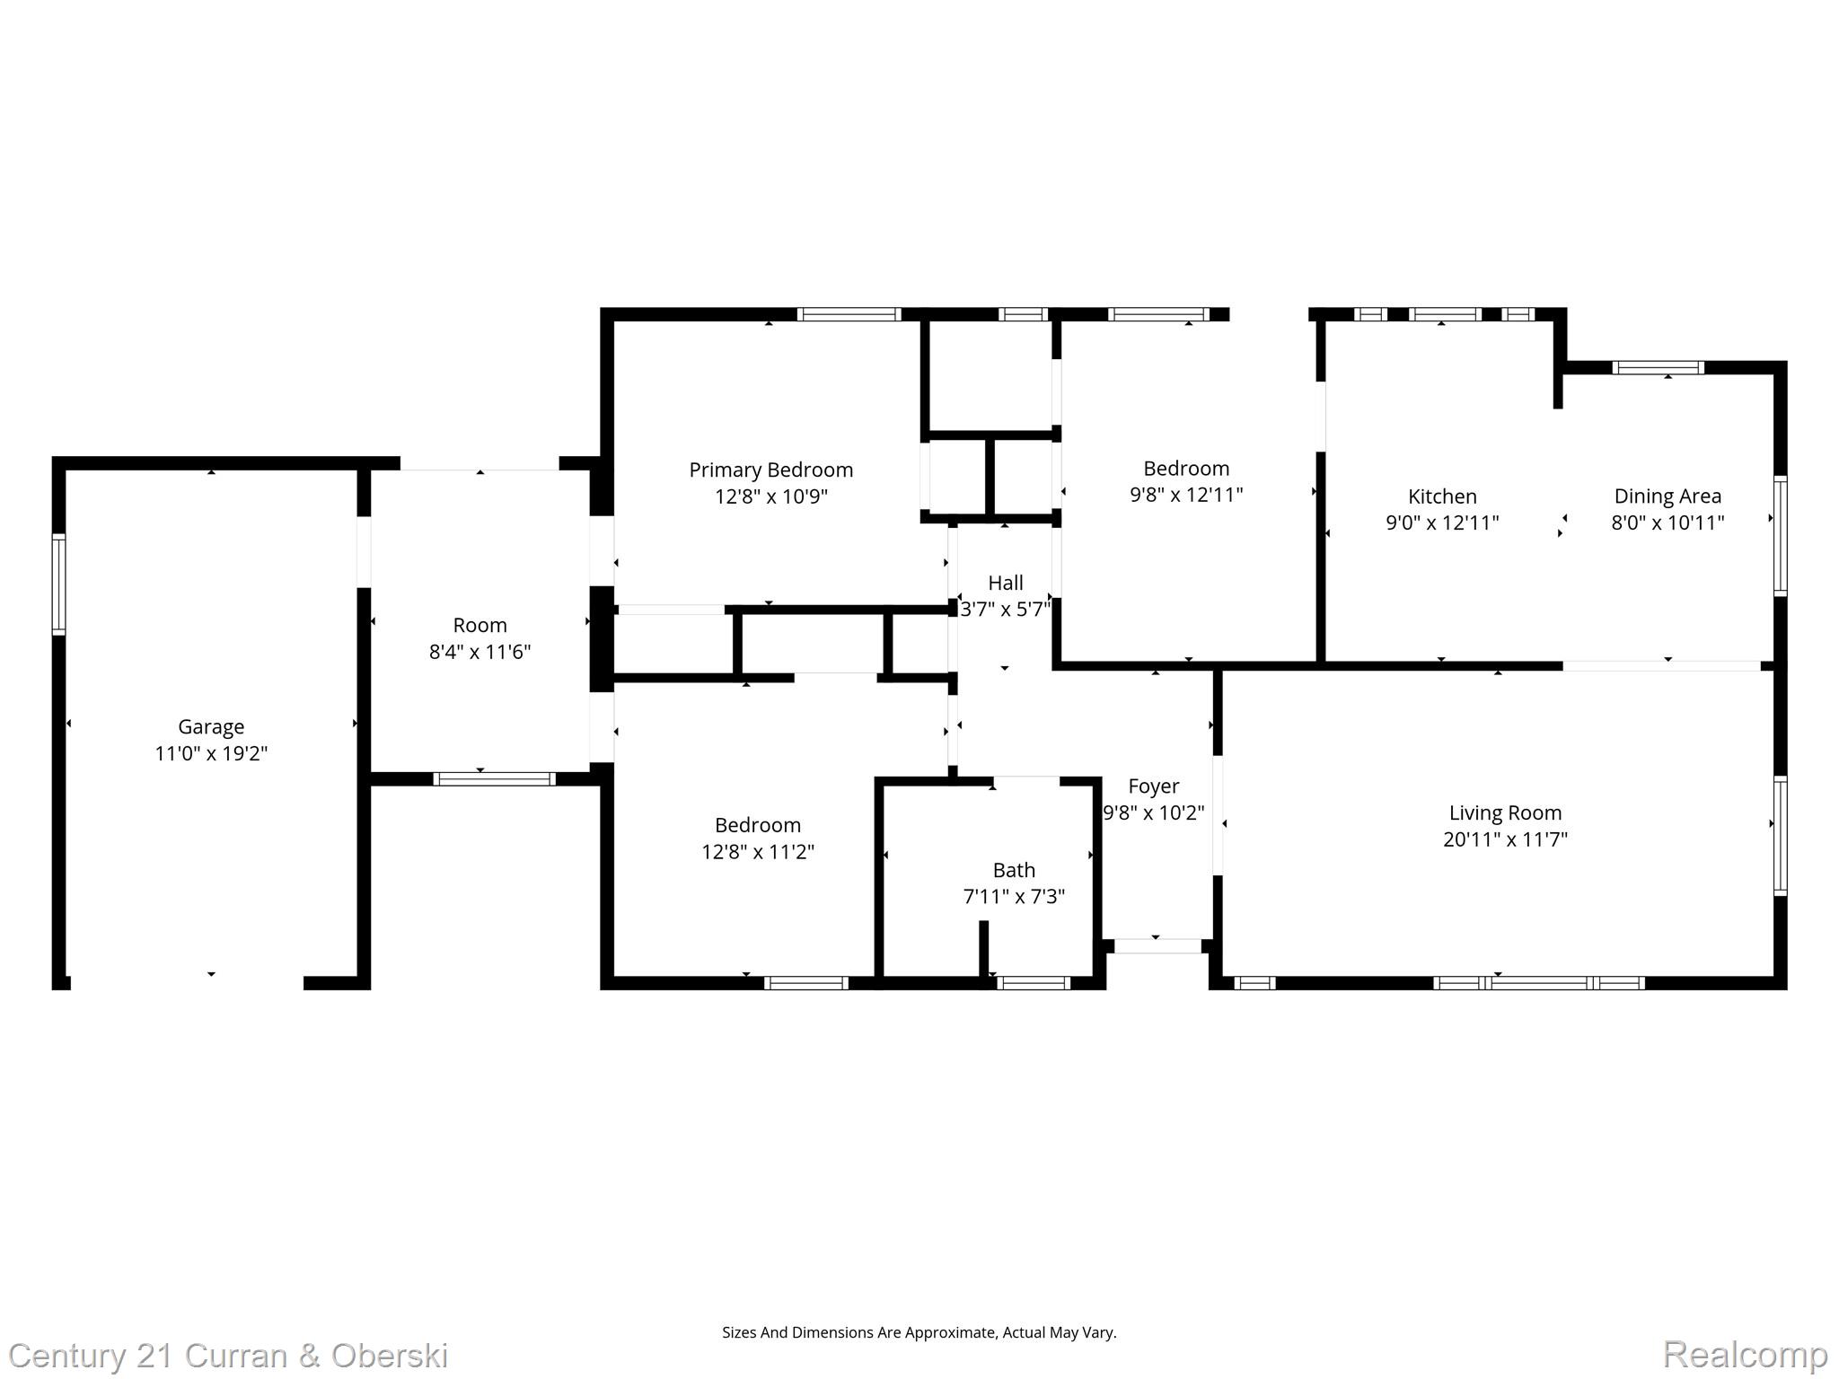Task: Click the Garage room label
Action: point(211,726)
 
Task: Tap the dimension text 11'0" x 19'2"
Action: point(211,753)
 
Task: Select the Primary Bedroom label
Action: point(770,470)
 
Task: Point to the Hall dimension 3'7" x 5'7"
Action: point(1005,610)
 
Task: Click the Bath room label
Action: point(1014,870)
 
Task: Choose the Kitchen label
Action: point(1442,496)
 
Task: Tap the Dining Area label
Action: point(1667,496)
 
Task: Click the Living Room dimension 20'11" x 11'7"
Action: point(1505,839)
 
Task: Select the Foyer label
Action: point(1153,786)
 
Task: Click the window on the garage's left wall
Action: point(59,584)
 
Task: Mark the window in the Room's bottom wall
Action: point(494,779)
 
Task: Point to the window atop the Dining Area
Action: point(1658,367)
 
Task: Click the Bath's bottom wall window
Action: point(1033,983)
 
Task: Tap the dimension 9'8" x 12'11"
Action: point(1186,495)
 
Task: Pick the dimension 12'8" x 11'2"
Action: point(758,851)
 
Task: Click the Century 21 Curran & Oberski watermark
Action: point(228,1355)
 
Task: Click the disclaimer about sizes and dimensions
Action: point(919,1332)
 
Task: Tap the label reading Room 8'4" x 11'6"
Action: point(480,638)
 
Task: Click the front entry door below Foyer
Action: point(1157,945)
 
